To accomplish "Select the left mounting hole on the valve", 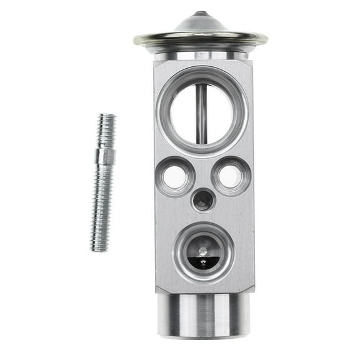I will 174,177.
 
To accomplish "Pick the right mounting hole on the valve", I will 231,177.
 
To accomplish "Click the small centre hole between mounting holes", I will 202,200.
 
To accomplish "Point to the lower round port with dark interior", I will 204,252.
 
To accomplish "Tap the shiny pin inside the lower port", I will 203,251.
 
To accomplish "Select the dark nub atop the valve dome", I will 201,13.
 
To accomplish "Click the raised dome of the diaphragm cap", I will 201,24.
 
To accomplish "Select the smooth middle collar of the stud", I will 104,156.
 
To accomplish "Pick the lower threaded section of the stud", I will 101,206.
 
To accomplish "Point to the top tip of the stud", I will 107,115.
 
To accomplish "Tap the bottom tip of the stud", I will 99,250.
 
